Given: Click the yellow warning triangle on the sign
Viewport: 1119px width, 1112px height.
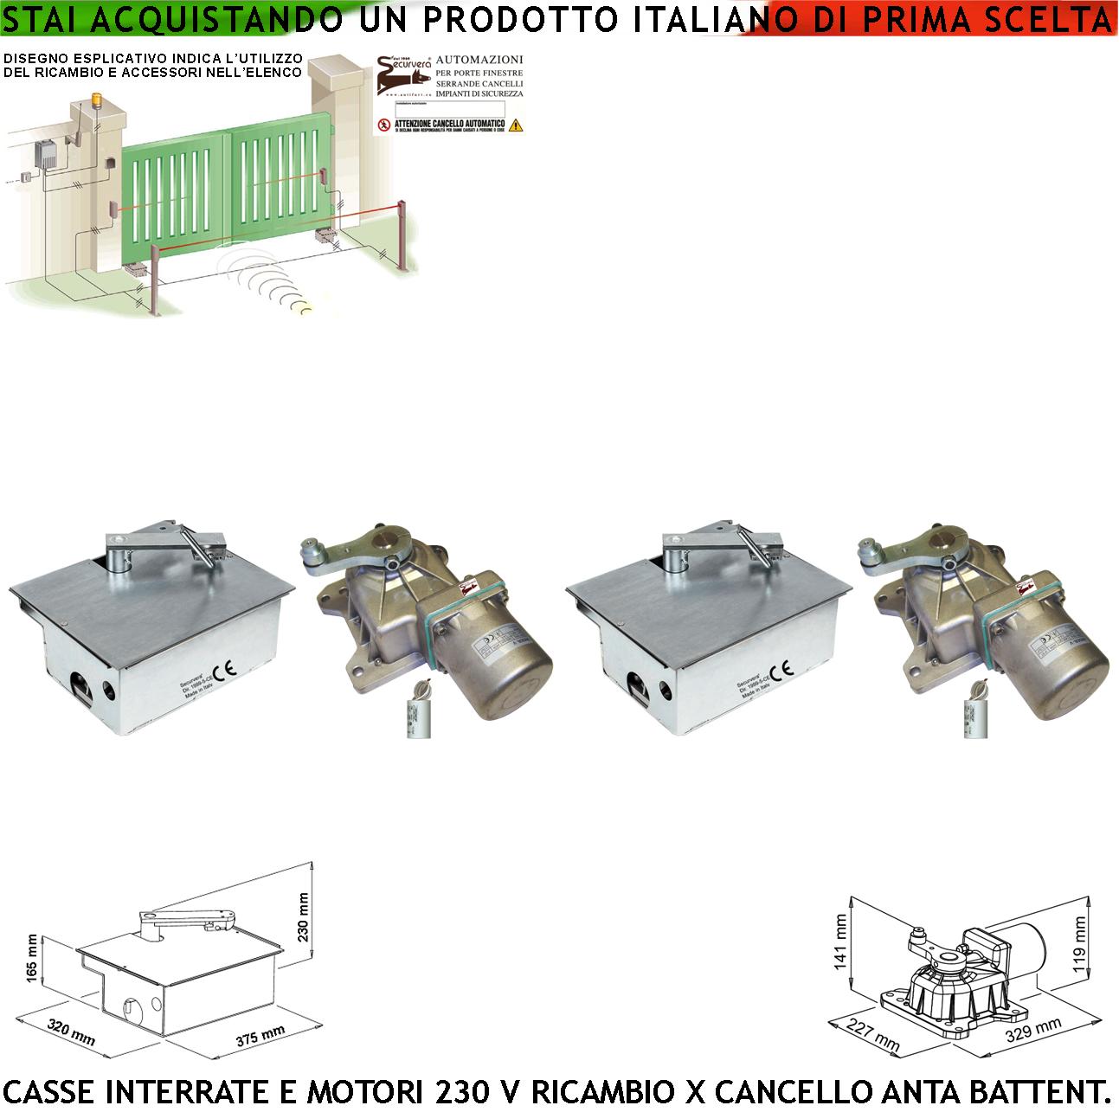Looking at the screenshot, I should [x=516, y=125].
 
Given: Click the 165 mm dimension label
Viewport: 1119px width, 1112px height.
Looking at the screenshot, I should [x=33, y=959].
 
